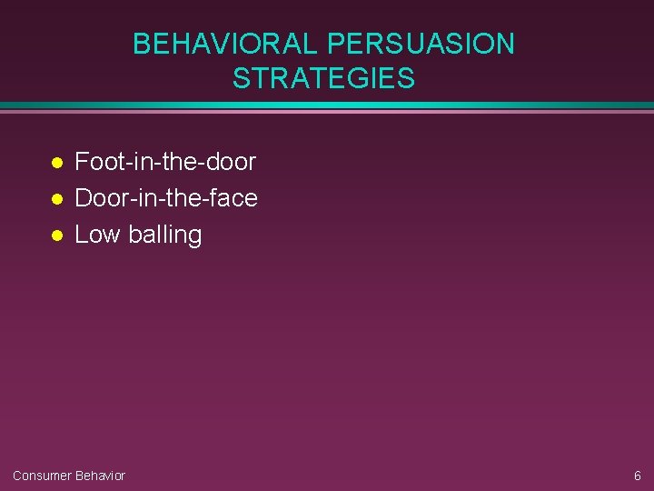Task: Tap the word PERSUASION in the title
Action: pos(421,44)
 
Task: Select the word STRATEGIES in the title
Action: pos(323,79)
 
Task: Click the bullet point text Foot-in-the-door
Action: pos(165,162)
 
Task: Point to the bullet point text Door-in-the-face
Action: pos(166,197)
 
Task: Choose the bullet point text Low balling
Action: pos(138,234)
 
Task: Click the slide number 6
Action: pos(637,476)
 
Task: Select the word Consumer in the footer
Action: pos(42,476)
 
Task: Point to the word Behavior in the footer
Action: pos(100,476)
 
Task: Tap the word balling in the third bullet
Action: pos(165,234)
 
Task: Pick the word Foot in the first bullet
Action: pos(93,162)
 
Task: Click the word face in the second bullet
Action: pos(235,197)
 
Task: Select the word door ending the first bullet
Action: pos(233,162)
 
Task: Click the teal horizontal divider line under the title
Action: pos(327,105)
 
